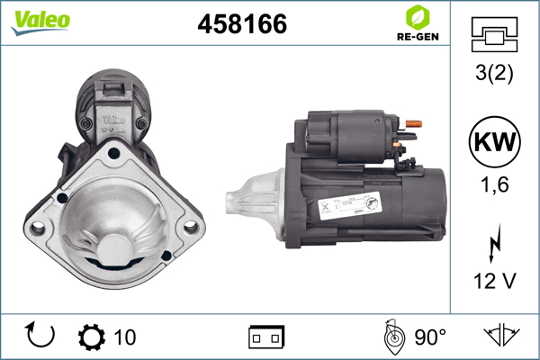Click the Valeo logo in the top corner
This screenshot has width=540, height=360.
tap(40, 22)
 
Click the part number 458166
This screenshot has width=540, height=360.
tap(242, 23)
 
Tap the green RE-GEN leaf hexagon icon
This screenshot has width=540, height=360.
tap(418, 17)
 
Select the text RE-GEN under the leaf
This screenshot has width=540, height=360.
tap(418, 37)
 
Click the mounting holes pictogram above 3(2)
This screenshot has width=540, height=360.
tap(494, 34)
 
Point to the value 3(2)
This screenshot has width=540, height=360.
tap(494, 73)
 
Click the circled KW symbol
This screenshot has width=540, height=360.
tap(494, 141)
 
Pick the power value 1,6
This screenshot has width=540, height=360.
tap(494, 184)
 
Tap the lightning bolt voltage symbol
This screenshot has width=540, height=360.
tap(495, 244)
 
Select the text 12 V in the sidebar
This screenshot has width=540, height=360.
tap(494, 281)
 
